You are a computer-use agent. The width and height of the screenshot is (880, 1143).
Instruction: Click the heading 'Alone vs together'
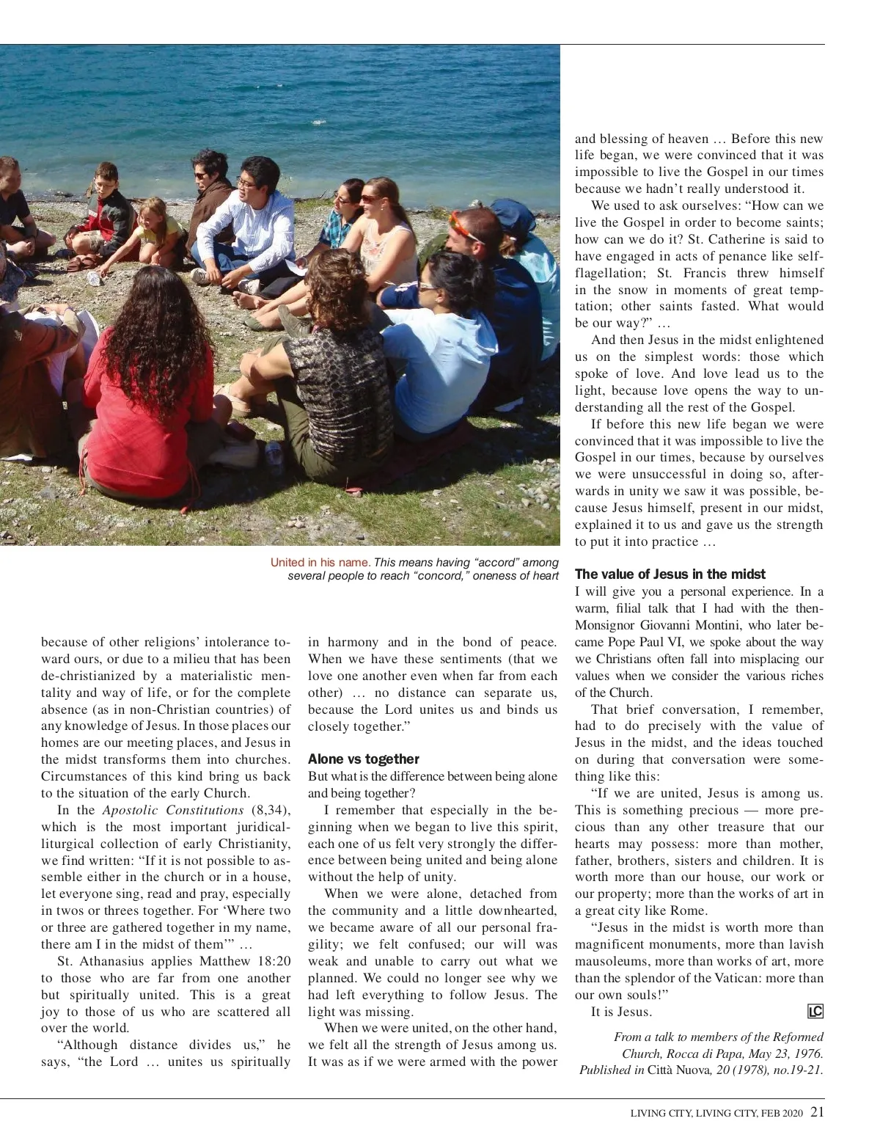click(x=363, y=759)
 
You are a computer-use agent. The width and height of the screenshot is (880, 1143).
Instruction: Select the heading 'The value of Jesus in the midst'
click(x=670, y=574)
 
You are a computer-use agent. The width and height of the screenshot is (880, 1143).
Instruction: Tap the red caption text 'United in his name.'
click(x=320, y=563)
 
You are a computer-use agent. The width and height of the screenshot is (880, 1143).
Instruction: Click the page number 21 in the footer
click(x=817, y=1112)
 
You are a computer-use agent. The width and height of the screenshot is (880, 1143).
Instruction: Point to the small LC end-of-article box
click(x=815, y=1012)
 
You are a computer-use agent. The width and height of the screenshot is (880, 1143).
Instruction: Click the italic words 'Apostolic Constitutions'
click(x=172, y=810)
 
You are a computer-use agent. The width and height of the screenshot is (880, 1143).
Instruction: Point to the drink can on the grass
click(x=274, y=452)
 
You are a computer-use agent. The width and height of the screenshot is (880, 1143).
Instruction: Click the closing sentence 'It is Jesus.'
click(x=621, y=1012)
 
